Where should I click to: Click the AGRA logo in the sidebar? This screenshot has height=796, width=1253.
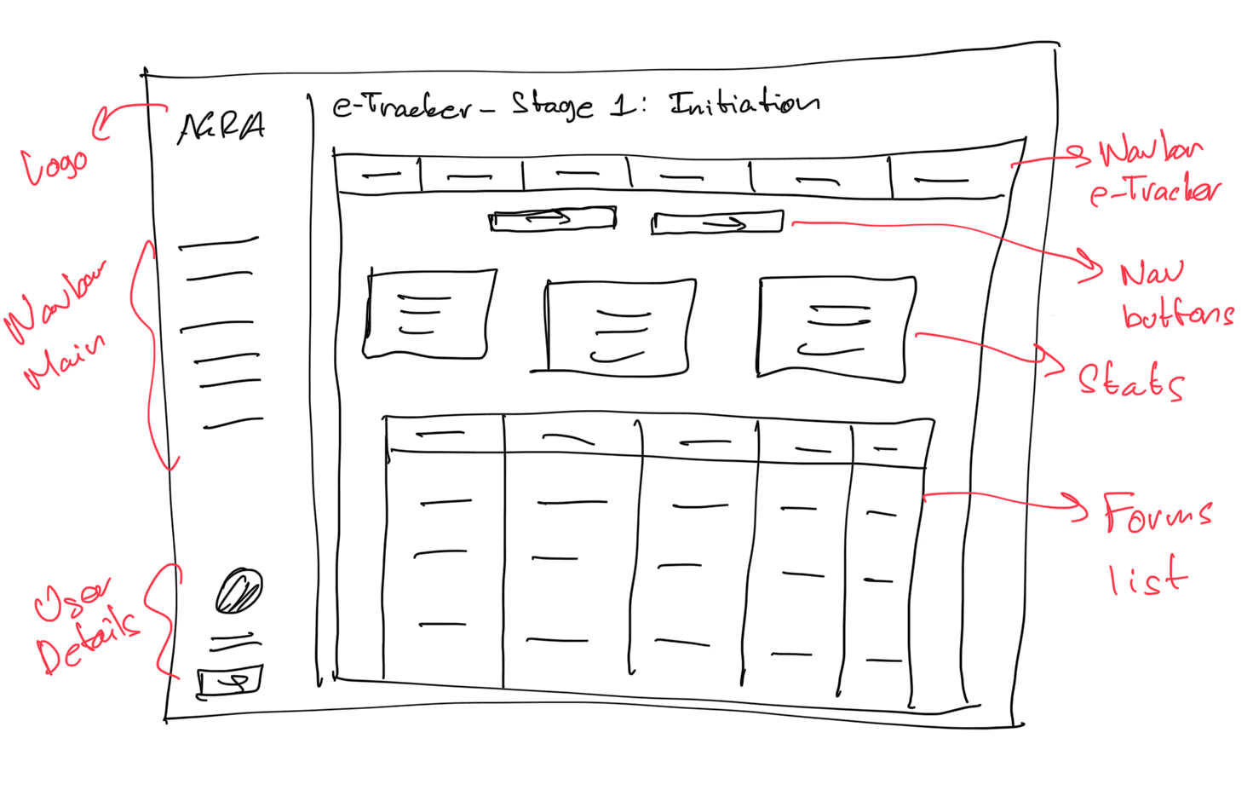[221, 128]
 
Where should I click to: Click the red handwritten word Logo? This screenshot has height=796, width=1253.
[55, 164]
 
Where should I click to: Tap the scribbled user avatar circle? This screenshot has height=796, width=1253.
[239, 591]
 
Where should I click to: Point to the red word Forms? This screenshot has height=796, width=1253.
[1157, 512]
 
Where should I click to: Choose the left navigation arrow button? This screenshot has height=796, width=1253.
[552, 220]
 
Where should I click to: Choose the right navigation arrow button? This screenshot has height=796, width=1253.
[716, 223]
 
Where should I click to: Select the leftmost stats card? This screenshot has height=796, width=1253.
[428, 314]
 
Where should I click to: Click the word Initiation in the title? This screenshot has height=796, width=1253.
[744, 102]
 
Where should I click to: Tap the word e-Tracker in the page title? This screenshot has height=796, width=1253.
[401, 107]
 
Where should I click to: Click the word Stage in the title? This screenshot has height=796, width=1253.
[552, 106]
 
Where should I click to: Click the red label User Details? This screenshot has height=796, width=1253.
[85, 626]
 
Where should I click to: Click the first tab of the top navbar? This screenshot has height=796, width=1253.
[379, 176]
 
